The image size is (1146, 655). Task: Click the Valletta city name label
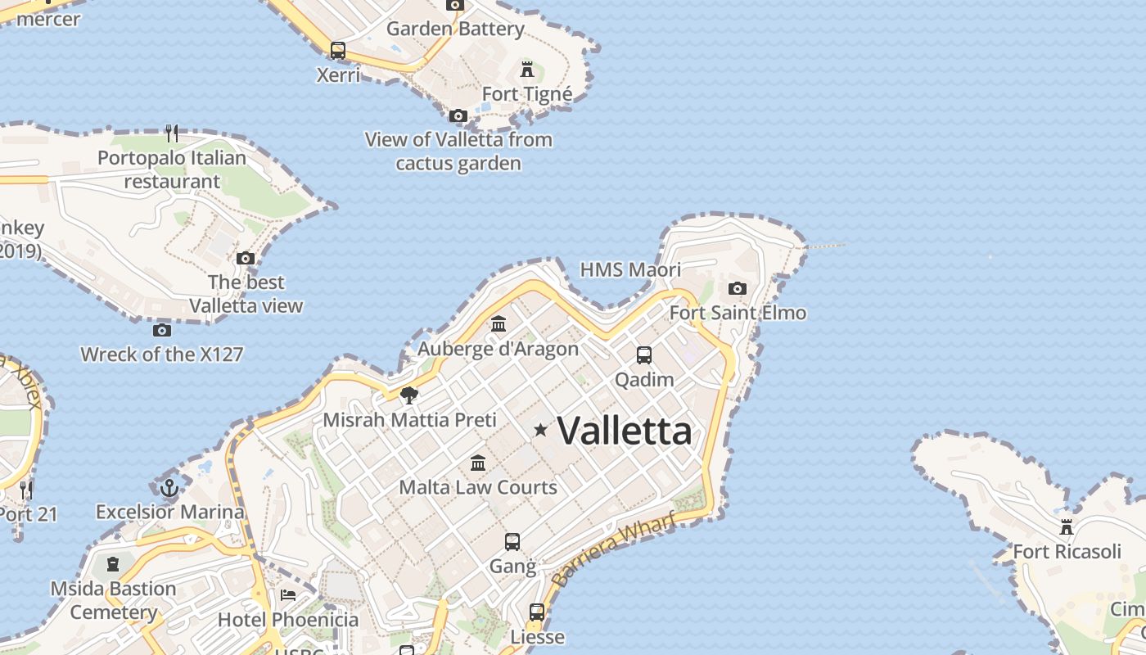coord(624,431)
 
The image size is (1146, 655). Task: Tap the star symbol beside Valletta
coord(540,429)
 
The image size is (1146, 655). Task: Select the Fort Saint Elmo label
coord(738,313)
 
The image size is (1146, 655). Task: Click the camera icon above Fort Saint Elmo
coord(738,288)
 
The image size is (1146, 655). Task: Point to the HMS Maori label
coord(630,269)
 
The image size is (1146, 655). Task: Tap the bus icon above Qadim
coord(644,355)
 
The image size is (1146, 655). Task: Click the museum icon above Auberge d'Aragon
coord(499,324)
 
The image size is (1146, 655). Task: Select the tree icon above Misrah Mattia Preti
coord(409,395)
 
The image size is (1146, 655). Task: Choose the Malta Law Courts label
coord(478,487)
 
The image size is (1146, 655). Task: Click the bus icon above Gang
coord(512,541)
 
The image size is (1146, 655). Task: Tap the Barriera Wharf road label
coord(614,549)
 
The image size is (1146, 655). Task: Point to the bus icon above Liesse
coord(537,612)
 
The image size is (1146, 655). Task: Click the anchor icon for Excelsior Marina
coord(169,488)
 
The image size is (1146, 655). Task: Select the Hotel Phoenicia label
coord(288,620)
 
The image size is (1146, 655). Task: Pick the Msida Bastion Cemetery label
coord(113,600)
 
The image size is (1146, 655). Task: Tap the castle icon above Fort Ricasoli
coord(1066,526)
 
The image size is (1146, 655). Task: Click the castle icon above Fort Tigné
coord(527,69)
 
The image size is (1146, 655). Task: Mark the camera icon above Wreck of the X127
coord(162,330)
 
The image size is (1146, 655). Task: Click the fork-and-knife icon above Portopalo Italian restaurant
coord(172,133)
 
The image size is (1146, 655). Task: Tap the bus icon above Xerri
coord(338,50)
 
